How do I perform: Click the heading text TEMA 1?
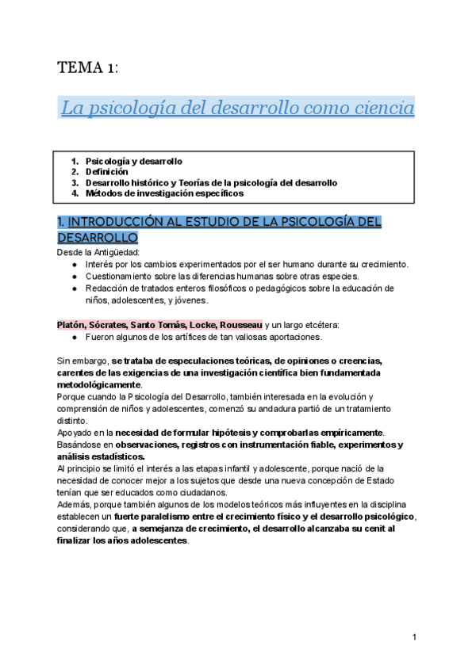87,68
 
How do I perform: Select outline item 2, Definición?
106,171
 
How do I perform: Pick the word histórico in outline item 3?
157,182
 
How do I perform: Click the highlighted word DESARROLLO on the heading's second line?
98,237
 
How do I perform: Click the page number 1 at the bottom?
415,637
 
